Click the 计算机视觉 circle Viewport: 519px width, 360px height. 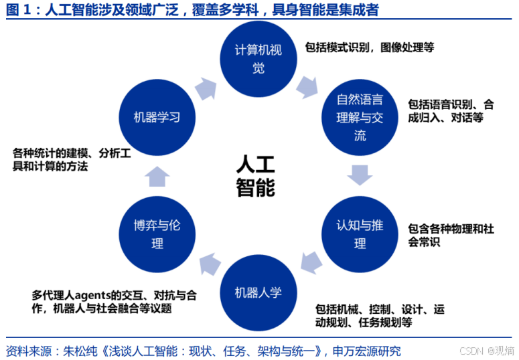pyautogui.click(x=258, y=60)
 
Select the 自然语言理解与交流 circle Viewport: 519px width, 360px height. pyautogui.click(x=360, y=118)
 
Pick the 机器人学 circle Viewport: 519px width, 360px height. pyautogui.click(x=258, y=292)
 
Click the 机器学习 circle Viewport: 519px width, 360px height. pyautogui.click(x=157, y=118)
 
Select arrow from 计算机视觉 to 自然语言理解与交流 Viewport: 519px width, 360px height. pyautogui.click(x=307, y=86)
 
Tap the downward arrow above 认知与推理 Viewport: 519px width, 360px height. pyautogui.click(x=360, y=176)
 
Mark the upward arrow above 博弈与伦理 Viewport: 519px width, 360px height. pyautogui.click(x=157, y=176)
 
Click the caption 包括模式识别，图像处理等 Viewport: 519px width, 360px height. pyautogui.click(x=369, y=48)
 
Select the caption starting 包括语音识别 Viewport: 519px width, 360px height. pyautogui.click(x=450, y=111)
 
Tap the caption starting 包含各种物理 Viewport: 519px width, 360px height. pyautogui.click(x=450, y=236)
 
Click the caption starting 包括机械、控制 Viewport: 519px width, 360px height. pyautogui.click(x=379, y=316)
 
